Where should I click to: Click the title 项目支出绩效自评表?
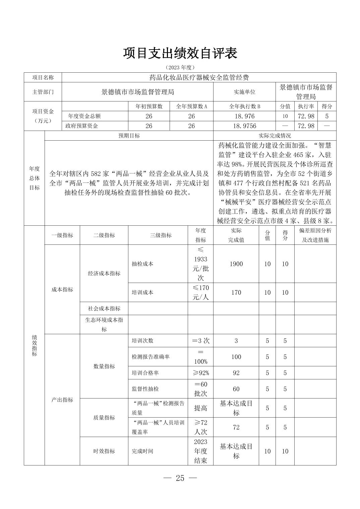click(180, 53)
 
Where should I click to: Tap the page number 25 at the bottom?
click(180, 478)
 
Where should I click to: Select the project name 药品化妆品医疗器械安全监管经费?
click(199, 78)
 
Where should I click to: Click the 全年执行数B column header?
click(245, 106)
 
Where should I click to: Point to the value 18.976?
click(245, 116)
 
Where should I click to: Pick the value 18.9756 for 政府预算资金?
click(245, 126)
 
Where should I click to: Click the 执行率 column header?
click(306, 106)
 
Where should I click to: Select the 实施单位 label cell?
click(244, 92)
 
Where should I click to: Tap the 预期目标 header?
click(129, 136)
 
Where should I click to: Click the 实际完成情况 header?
click(275, 136)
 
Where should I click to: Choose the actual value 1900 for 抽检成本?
click(236, 264)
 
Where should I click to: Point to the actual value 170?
click(236, 292)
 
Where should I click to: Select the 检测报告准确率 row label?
click(151, 357)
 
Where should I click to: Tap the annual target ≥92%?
click(200, 373)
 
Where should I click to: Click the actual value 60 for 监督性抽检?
click(236, 389)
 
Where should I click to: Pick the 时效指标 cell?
click(104, 451)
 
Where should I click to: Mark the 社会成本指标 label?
click(104, 308)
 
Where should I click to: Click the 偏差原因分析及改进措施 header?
click(315, 235)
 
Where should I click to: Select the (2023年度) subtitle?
click(180, 67)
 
